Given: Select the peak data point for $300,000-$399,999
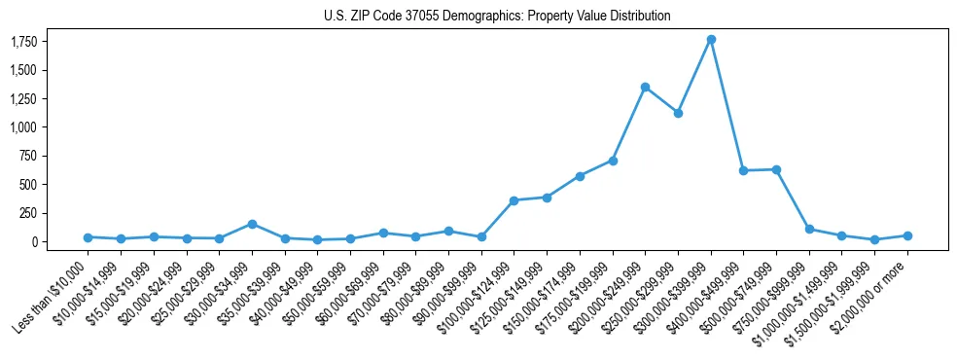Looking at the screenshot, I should pyautogui.click(x=711, y=40).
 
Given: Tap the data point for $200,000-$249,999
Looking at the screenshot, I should pyautogui.click(x=645, y=88).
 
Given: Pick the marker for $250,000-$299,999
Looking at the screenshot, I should pyautogui.click(x=678, y=113).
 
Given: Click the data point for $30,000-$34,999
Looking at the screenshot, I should pyautogui.click(x=252, y=224).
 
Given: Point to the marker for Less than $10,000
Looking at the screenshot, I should pyautogui.click(x=88, y=237).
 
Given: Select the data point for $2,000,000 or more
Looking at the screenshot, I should pyautogui.click(x=907, y=235).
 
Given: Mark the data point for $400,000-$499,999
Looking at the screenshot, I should pyautogui.click(x=743, y=170).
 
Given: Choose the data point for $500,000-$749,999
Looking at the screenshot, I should pyautogui.click(x=776, y=169).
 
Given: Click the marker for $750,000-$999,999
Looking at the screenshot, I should pyautogui.click(x=809, y=229).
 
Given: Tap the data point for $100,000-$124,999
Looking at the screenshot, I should pyautogui.click(x=514, y=200).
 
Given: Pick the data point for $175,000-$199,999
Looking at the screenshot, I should pyautogui.click(x=613, y=161).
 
